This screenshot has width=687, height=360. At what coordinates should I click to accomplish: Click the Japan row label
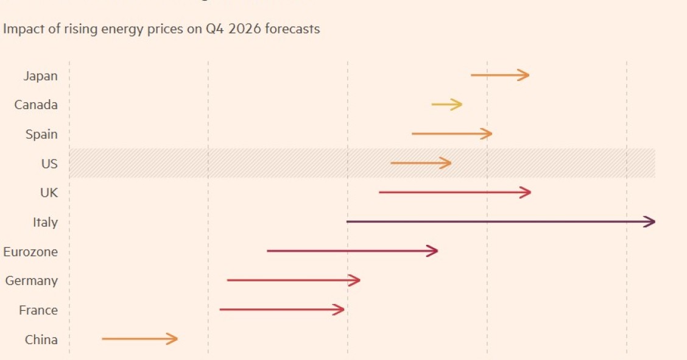[x=40, y=76]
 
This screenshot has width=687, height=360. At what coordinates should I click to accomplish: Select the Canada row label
[x=36, y=105]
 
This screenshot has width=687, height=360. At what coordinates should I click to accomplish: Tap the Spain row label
[x=41, y=134]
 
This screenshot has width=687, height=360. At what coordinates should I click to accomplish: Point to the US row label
[x=49, y=163]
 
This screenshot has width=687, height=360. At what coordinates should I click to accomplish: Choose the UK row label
[x=49, y=192]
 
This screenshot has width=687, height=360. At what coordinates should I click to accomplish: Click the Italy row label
[x=45, y=222]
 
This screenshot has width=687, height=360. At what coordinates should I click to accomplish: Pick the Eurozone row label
[x=30, y=252]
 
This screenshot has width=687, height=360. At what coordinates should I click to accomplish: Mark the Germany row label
[x=32, y=281]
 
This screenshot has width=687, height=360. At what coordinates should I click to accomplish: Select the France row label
[x=38, y=310]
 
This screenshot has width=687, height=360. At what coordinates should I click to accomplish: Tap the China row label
[x=41, y=339]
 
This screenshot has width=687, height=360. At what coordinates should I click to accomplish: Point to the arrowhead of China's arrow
[x=172, y=339]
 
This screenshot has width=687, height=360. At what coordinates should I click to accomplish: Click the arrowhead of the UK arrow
[x=526, y=192]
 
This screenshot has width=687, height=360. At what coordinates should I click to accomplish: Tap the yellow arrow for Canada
[x=446, y=105]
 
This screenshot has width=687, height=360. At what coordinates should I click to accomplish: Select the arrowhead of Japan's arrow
[x=524, y=75]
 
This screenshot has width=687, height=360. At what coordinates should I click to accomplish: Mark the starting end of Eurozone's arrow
[x=269, y=251]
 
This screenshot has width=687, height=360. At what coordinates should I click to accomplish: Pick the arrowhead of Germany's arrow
[x=355, y=280]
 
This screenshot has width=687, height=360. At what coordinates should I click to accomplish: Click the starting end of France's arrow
[x=221, y=309]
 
